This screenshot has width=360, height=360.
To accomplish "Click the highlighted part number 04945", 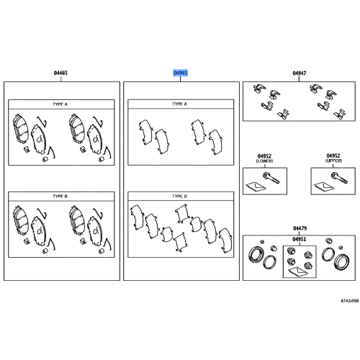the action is tap(180, 73).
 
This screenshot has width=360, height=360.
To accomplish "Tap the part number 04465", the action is tap(60, 73).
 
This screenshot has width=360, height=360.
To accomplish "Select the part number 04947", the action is tap(300, 73).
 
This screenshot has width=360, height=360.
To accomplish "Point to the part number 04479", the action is tap(300, 228).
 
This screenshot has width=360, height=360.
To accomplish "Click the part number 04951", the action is tap(300, 239).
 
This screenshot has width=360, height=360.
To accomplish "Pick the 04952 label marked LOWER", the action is tap(264, 156).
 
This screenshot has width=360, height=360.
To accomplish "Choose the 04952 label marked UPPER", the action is tap(333, 156).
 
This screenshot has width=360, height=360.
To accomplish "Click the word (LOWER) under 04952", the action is tap(264, 161).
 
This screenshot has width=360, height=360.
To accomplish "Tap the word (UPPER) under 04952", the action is tap(333, 161).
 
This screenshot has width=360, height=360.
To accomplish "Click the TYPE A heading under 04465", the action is tap(60, 104).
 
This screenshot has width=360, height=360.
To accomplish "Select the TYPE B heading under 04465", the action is tap(60, 197).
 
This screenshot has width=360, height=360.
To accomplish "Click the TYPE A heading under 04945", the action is tap(179, 104).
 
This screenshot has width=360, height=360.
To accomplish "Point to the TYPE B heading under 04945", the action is tap(179, 197).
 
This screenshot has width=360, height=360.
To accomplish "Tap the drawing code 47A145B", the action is tap(349, 301).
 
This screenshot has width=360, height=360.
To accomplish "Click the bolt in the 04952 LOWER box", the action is tap(271, 178).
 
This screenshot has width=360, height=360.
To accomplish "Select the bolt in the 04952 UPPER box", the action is tap(339, 178).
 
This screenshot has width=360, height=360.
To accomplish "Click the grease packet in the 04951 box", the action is tap(298, 272).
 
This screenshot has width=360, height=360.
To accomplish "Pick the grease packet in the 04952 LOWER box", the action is tap(256, 186).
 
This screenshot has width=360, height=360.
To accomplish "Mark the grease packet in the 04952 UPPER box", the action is tap(324, 186).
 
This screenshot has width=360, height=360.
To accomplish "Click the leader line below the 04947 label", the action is tap(299, 79).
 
